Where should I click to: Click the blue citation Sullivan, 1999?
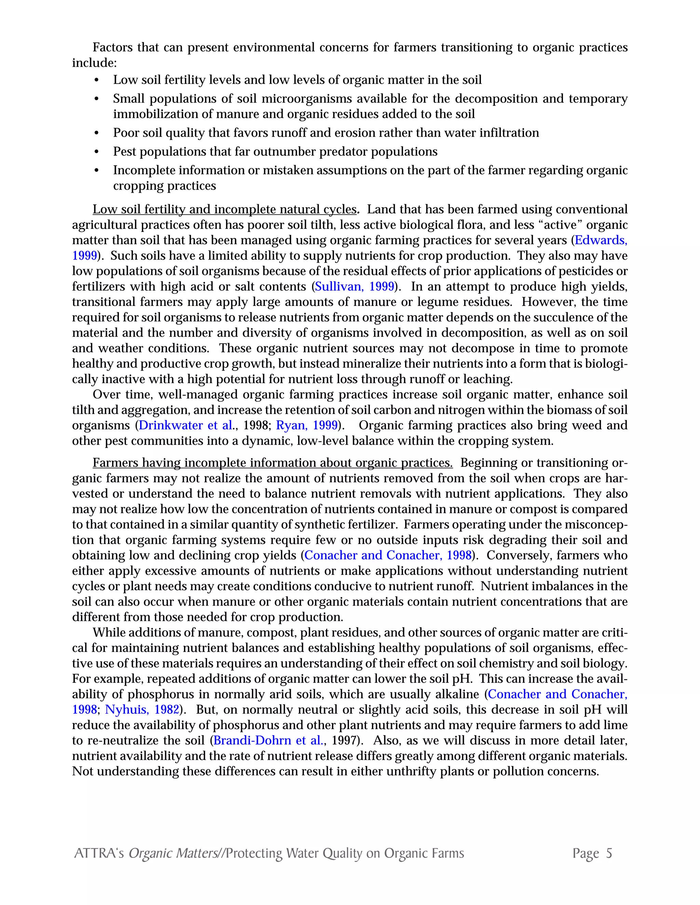[x=354, y=286]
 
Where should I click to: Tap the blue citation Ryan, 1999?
[x=307, y=425]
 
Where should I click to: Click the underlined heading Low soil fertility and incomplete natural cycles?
[x=224, y=209]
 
